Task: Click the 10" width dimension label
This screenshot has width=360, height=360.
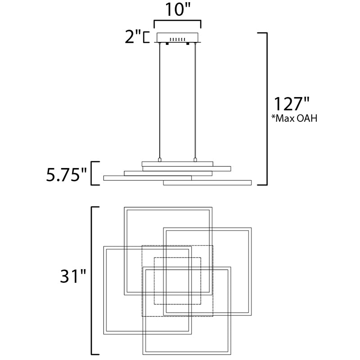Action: [178, 9]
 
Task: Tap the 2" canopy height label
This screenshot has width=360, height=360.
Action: [133, 37]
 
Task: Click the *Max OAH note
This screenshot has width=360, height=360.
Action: [294, 118]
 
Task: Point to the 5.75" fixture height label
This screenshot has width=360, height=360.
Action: [67, 175]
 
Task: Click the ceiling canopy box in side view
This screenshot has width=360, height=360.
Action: [177, 38]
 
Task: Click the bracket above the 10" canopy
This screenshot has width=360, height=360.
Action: [177, 24]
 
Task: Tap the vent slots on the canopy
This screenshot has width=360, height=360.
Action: [177, 40]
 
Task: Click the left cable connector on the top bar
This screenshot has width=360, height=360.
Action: [160, 160]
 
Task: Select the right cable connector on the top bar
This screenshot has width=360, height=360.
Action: [195, 160]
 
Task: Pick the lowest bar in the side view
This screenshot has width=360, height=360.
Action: [207, 183]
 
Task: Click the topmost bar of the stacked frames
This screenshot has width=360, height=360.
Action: [177, 164]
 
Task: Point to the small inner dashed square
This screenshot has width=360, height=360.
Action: [177, 281]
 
